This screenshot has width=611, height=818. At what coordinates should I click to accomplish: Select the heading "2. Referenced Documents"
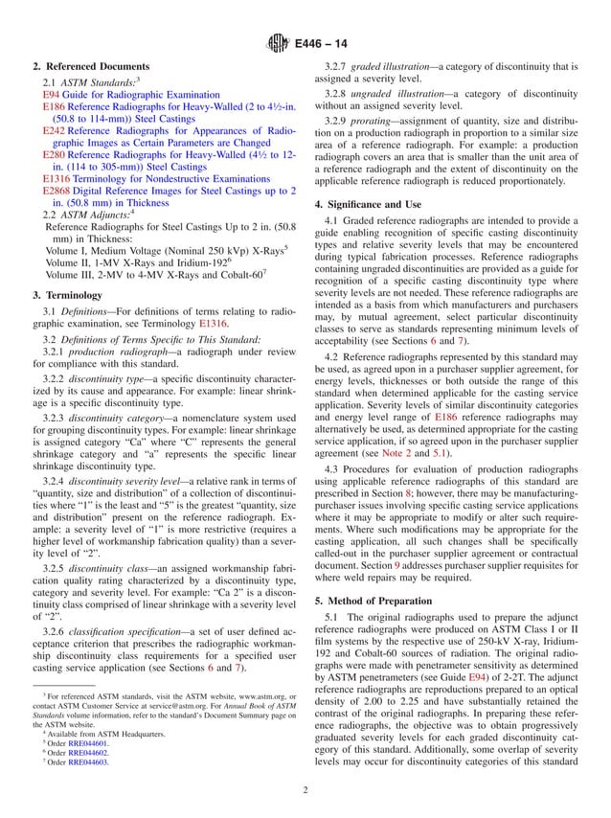point(84,69)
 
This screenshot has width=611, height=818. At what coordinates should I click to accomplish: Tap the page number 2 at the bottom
point(305,790)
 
